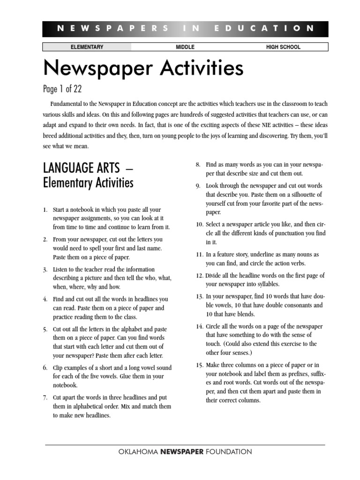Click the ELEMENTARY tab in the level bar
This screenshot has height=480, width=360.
[87, 47]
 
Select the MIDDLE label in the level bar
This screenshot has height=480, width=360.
[185, 47]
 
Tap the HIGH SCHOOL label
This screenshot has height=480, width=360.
[283, 47]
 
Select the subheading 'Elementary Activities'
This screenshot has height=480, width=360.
[88, 182]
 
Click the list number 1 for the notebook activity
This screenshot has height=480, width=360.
[45, 210]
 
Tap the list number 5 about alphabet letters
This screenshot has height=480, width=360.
[45, 330]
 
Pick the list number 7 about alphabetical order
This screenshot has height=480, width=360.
[45, 397]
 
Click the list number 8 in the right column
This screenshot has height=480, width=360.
[198, 165]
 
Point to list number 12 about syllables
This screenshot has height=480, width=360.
[199, 276]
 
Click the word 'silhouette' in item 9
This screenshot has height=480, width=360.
[307, 195]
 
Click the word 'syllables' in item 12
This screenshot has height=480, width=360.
[266, 285]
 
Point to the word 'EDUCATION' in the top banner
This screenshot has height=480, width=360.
[264, 29]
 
